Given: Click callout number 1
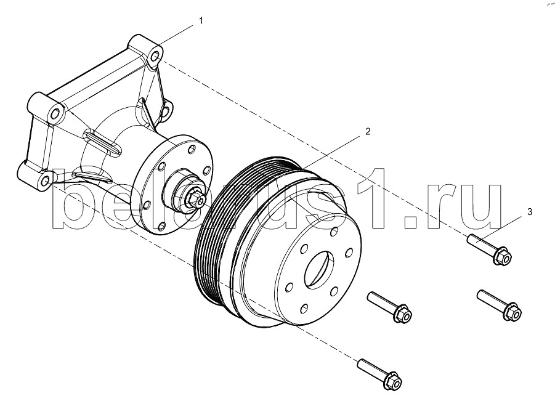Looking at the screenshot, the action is pyautogui.click(x=201, y=21).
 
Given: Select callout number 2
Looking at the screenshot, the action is pyautogui.click(x=368, y=132).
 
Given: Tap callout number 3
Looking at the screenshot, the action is pyautogui.click(x=530, y=212).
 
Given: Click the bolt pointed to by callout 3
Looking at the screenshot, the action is pyautogui.click(x=490, y=249).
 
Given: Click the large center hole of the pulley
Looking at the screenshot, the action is pyautogui.click(x=319, y=270).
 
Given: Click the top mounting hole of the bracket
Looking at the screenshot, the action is pyautogui.click(x=155, y=57).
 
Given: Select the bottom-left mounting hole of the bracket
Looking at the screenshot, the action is pyautogui.click(x=45, y=180).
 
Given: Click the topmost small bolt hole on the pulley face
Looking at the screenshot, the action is pyautogui.click(x=333, y=232).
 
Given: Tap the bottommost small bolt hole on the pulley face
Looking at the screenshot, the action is pyautogui.click(x=304, y=309).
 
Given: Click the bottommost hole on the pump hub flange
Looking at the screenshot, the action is pyautogui.click(x=161, y=225).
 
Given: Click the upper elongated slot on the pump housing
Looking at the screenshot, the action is pyautogui.click(x=103, y=143).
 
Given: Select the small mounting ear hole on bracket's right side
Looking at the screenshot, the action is pyautogui.click(x=167, y=110).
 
